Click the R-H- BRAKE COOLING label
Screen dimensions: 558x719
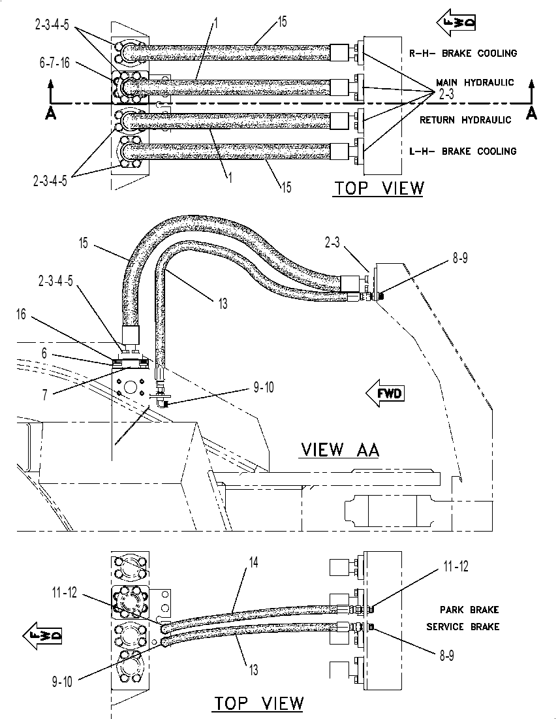click(x=463, y=53)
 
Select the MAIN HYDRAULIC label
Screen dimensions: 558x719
click(x=474, y=82)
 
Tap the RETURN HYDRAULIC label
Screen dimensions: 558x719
click(x=465, y=120)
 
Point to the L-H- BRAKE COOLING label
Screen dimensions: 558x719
click(x=463, y=152)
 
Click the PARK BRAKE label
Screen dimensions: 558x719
click(x=469, y=610)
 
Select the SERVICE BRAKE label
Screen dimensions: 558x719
click(x=463, y=627)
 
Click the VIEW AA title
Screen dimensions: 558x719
click(x=341, y=450)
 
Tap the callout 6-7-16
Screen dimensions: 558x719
click(x=55, y=63)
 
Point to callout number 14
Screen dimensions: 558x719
click(x=253, y=562)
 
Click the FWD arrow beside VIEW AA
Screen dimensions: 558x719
click(x=385, y=393)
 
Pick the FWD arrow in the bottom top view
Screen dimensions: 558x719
click(x=42, y=636)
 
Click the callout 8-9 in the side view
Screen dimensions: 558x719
click(x=460, y=258)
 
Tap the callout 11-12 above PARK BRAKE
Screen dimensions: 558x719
click(x=456, y=567)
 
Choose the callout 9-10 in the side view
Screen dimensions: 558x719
click(x=264, y=387)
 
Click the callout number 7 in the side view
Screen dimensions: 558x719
click(x=44, y=395)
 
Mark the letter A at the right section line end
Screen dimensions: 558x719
click(x=531, y=113)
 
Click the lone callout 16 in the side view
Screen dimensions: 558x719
click(x=21, y=315)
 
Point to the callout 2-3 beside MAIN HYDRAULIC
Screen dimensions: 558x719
click(x=446, y=95)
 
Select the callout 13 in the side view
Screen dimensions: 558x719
click(x=222, y=304)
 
